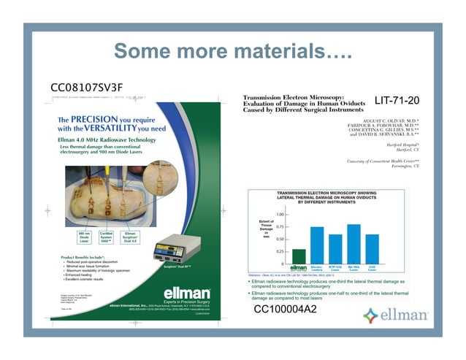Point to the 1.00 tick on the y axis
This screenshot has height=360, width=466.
click(x=280, y=214)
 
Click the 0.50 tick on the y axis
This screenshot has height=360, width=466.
click(x=280, y=239)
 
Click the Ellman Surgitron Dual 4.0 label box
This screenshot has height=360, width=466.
click(x=130, y=237)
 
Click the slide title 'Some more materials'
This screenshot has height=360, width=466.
click(x=233, y=52)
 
